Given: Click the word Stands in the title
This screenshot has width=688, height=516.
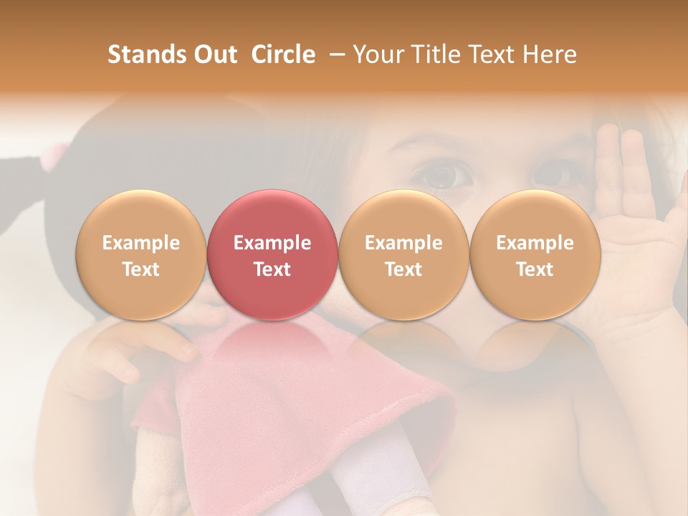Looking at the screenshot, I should tap(147, 54).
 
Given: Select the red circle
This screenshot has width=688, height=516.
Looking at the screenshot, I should tap(272, 254).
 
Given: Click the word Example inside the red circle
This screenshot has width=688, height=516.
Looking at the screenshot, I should tap(272, 243).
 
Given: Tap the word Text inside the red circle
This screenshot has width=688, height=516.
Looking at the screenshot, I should tap(272, 269).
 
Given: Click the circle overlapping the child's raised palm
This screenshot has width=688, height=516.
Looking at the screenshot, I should tap(535, 254).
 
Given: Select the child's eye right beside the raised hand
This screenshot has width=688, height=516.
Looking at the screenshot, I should tap(555, 172).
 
